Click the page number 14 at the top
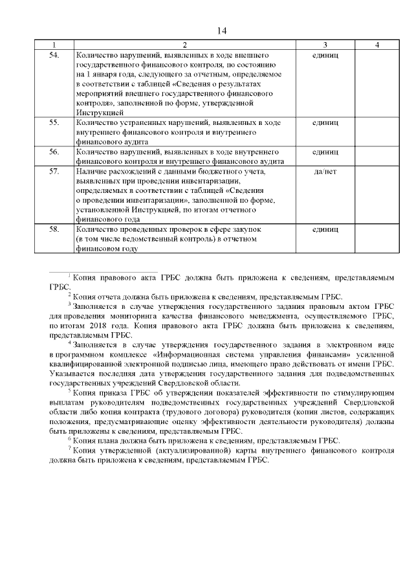(x=222, y=30)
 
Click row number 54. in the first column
(x=54, y=56)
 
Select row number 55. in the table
(x=54, y=122)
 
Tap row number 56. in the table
(x=54, y=152)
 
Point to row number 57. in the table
(x=54, y=172)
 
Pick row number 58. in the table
(x=54, y=229)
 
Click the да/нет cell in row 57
(x=325, y=172)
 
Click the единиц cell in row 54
(x=325, y=56)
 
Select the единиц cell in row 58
(x=325, y=229)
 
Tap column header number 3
(x=325, y=45)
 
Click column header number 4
(x=376, y=45)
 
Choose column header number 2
(x=184, y=45)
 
